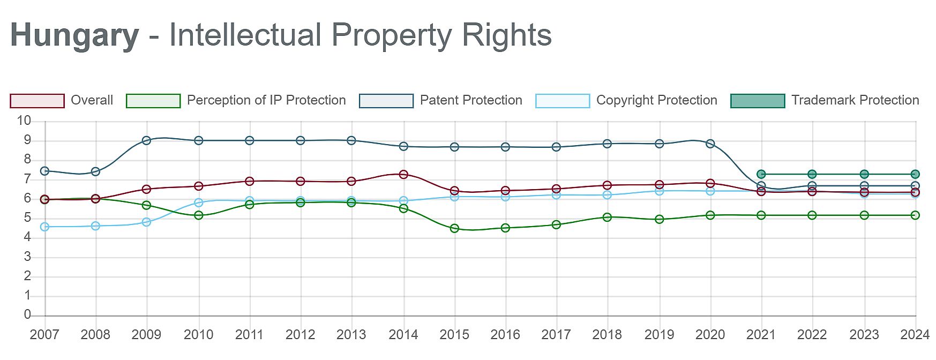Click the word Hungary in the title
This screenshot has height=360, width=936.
pos(74,35)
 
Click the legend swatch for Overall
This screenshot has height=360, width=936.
pos(37,101)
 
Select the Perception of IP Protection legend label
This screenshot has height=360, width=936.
pos(266,100)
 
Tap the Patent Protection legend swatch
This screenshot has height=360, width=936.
pos(386,101)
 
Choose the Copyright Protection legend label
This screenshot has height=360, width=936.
pos(656,100)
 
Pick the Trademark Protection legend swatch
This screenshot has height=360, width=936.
pos(757,101)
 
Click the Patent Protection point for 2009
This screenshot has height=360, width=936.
pos(147,140)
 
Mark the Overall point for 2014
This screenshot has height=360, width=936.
pos(403,175)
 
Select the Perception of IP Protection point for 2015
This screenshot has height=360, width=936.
pos(454,228)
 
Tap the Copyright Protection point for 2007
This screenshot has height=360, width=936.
pos(45,227)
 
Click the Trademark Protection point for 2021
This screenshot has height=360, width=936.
pos(761,174)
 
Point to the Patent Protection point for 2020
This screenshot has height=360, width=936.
pos(710,144)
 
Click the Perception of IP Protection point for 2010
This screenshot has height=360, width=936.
pos(199,215)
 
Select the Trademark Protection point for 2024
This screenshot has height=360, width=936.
pos(915,174)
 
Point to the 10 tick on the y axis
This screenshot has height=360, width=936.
pos(24,121)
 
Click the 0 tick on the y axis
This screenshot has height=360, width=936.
pos(27,315)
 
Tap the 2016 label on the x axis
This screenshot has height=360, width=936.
pos(505,335)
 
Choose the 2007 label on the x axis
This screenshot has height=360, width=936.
pos(44,335)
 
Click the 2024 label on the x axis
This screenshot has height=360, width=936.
pos(915,335)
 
